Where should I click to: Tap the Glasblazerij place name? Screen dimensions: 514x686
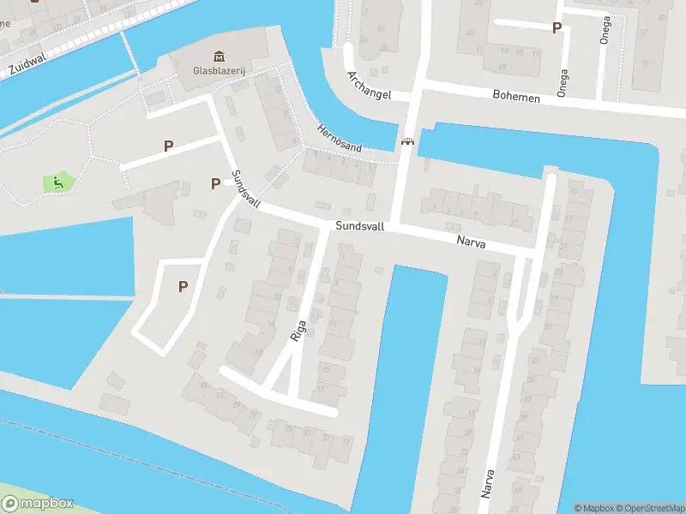tap(209, 72)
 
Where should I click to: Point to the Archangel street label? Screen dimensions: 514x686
tap(368, 86)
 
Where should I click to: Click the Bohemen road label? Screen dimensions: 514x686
tap(516, 97)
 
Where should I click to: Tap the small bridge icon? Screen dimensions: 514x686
tap(407, 142)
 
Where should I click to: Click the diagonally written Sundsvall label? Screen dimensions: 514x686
tap(245, 190)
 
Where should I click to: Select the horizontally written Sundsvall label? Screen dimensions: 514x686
tap(358, 226)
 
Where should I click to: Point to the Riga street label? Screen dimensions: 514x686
tap(298, 328)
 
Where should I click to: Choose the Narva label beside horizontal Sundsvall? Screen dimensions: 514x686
tap(471, 243)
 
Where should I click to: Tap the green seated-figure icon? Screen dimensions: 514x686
tap(57, 182)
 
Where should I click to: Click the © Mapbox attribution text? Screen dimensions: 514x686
tap(593, 508)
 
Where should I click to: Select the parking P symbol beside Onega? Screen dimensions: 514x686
tap(557, 28)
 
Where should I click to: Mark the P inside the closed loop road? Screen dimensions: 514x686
tap(183, 287)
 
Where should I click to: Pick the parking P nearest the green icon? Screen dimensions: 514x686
tap(168, 146)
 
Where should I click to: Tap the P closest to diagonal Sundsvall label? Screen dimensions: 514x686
tap(215, 183)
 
